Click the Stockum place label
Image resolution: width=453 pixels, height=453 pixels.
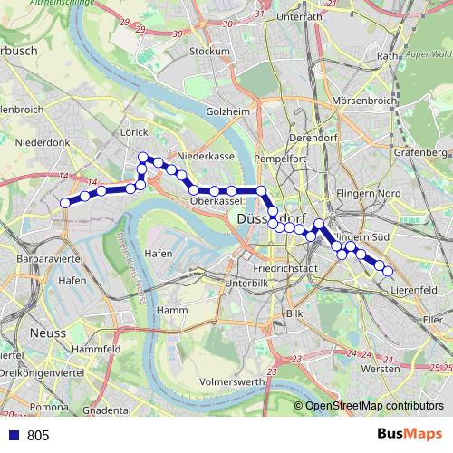(x=210, y=52)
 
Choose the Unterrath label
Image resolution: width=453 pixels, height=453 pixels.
(x=300, y=16)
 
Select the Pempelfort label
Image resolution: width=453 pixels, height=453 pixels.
(x=280, y=158)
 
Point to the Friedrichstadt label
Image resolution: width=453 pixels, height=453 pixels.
(x=286, y=269)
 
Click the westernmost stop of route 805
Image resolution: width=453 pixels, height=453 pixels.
(x=65, y=203)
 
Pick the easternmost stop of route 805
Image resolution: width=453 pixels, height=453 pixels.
(x=389, y=271)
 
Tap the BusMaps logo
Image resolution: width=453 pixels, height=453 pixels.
(x=409, y=434)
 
